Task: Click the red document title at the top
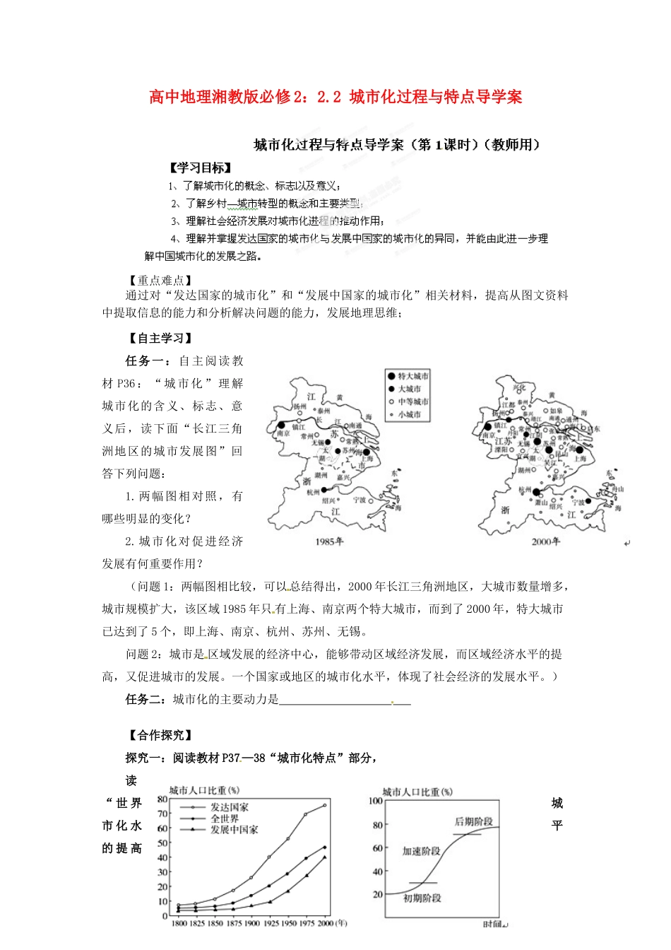click(335, 97)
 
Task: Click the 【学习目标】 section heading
click(200, 168)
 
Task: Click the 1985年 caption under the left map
click(329, 541)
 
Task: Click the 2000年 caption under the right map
click(545, 541)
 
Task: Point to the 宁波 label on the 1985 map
click(360, 500)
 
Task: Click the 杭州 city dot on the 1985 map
click(324, 489)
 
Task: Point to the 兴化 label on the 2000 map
click(520, 387)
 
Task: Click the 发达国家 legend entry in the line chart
click(230, 807)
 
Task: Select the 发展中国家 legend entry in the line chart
click(234, 830)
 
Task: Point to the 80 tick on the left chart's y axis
click(162, 799)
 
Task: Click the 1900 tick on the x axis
click(251, 923)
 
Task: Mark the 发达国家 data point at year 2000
click(325, 805)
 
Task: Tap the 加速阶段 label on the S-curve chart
click(421, 851)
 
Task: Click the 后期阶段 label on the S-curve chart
click(473, 822)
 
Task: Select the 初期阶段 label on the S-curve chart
click(422, 898)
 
